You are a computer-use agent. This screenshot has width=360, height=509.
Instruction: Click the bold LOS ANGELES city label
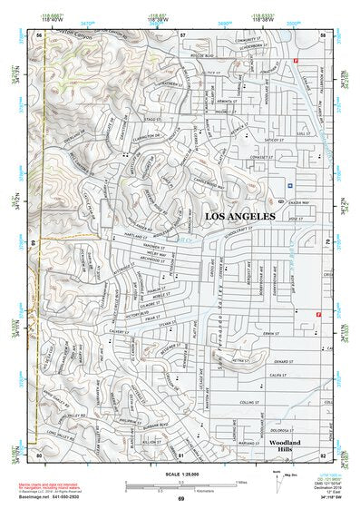click(x=240, y=218)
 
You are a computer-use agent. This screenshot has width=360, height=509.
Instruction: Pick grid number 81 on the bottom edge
click(x=181, y=455)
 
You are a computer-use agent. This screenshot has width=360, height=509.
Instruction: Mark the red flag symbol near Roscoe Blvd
click(x=296, y=60)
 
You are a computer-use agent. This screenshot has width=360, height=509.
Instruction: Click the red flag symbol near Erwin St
click(x=318, y=315)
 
